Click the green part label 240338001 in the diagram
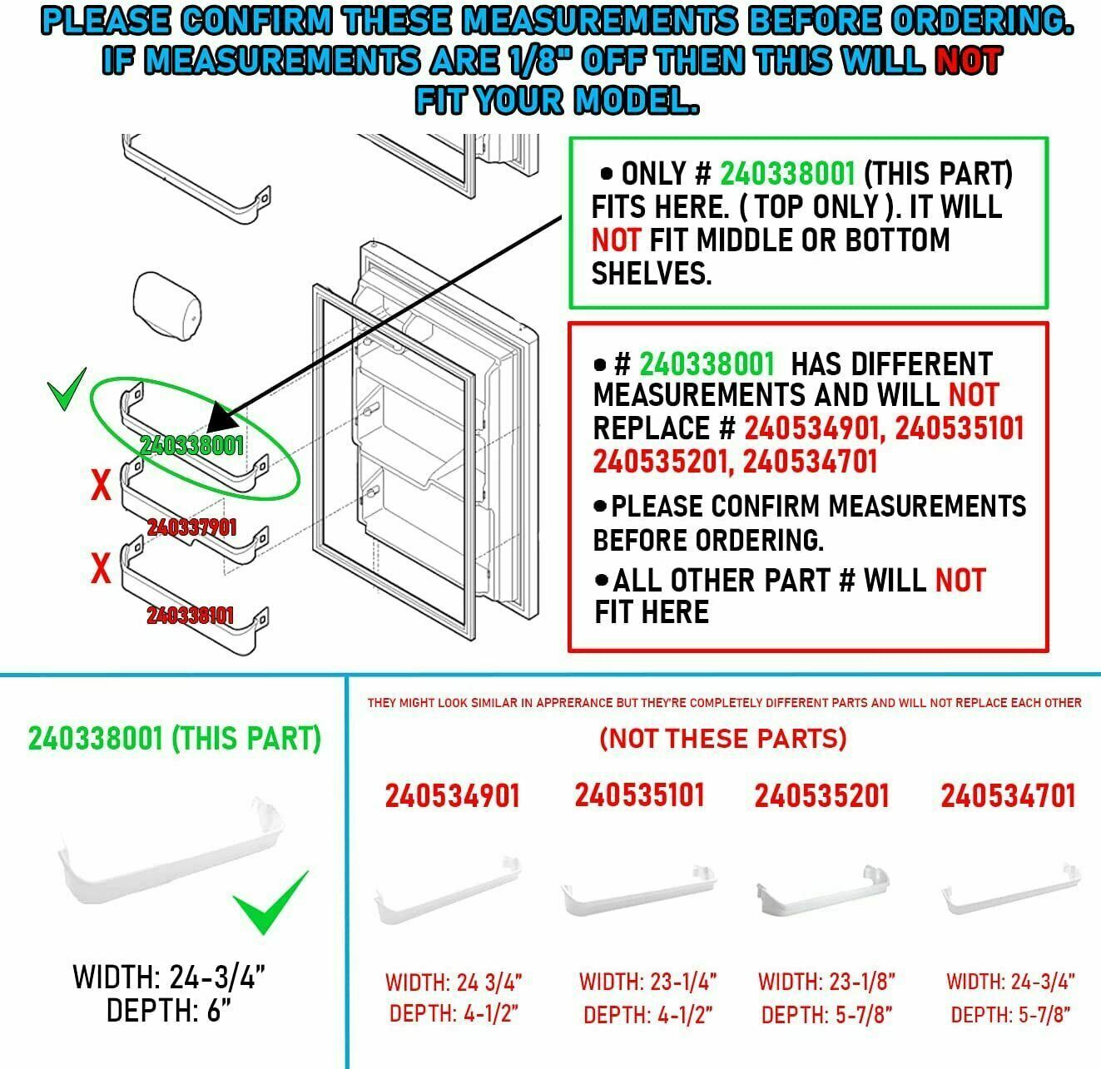[x=191, y=445]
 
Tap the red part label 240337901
[x=191, y=527]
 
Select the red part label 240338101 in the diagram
[x=190, y=615]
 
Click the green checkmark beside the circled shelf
[x=67, y=390]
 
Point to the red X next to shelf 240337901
[x=101, y=485]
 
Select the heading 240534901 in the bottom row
[x=452, y=796]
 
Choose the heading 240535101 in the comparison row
[x=639, y=794]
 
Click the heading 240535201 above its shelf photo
[x=821, y=796]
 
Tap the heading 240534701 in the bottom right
[x=1008, y=796]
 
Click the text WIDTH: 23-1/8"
[x=826, y=981]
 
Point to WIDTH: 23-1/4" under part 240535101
[x=647, y=981]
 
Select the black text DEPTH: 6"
[x=168, y=1011]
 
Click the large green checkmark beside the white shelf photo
[x=270, y=903]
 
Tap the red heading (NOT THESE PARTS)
[x=722, y=738]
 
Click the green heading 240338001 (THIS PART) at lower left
[x=175, y=739]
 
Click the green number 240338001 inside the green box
[x=786, y=174]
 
